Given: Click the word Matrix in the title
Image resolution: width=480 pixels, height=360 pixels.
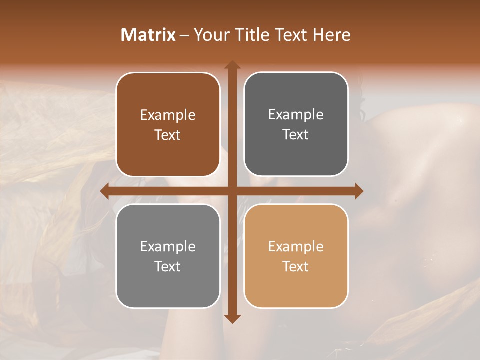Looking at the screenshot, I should pos(148,35).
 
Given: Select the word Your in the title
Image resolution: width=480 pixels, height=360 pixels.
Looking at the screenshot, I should pos(210,35).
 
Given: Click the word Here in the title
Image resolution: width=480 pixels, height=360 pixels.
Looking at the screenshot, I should pos(332,35).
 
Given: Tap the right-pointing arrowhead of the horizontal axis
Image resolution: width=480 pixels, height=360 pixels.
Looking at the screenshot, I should pos(358,191).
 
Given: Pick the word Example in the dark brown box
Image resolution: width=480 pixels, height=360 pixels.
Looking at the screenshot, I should pos(168,115).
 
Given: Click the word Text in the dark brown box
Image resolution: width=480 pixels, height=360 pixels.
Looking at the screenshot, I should pos(168,135).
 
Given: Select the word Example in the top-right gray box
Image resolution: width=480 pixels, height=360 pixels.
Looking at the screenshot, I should pos(296,115).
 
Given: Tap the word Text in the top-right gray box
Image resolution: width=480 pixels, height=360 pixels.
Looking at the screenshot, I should pos(296,135).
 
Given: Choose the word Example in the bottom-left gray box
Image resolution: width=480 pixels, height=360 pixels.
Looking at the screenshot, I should pos(168,247).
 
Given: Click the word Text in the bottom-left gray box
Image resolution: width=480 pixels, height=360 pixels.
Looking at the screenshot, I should pos(168,267).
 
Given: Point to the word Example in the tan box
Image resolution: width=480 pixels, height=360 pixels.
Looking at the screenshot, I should pos(296,247).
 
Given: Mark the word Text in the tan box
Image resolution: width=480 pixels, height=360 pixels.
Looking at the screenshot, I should pos(296,267).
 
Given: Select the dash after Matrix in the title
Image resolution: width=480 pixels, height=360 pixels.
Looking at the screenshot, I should pos(184,35).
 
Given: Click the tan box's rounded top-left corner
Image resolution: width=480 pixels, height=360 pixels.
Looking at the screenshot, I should pos(249,209).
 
